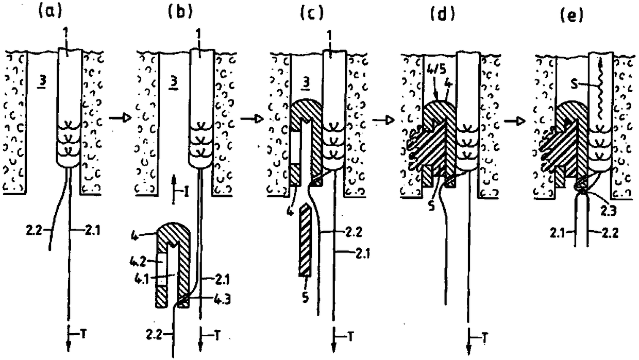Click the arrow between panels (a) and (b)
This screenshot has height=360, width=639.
pos(117,120)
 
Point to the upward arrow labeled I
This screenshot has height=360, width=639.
pos(174,195)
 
